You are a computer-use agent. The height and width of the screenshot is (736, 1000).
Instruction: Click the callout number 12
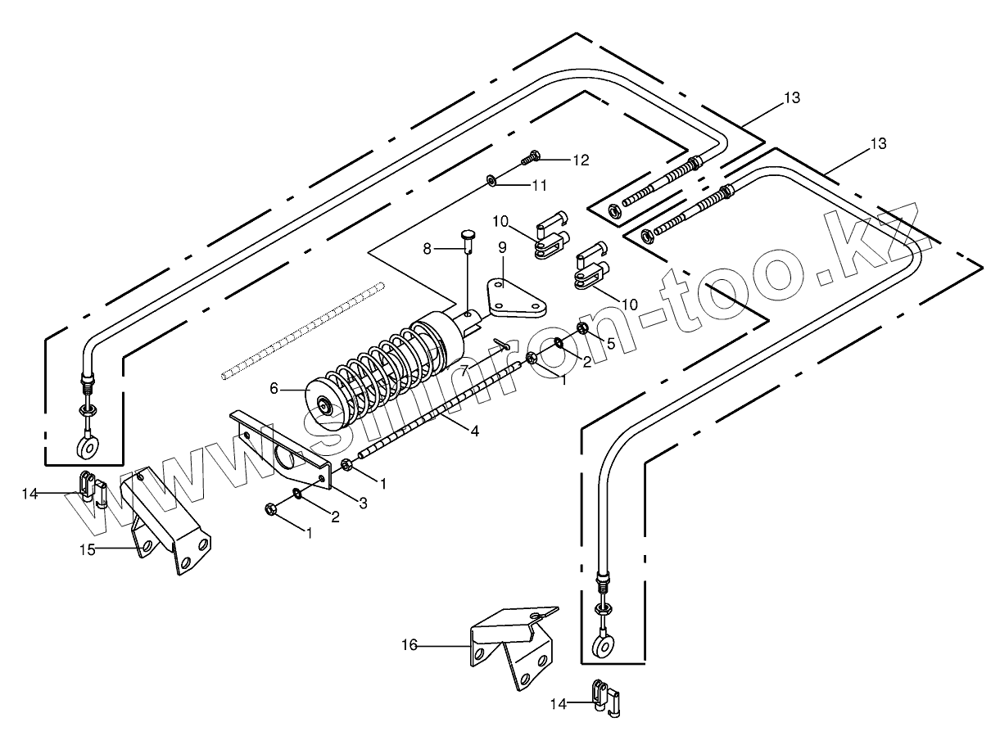click(580, 160)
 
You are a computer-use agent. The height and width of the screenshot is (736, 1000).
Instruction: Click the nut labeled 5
click(583, 330)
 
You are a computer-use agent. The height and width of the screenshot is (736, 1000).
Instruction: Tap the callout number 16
click(410, 646)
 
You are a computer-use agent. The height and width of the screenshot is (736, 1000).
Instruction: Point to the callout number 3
click(363, 504)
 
